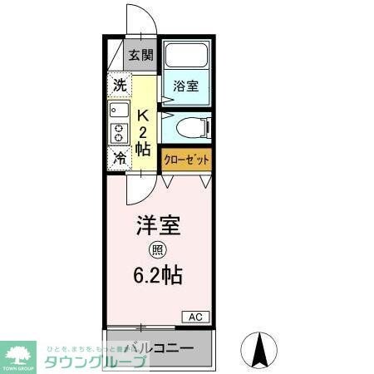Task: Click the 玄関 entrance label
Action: point(141,57)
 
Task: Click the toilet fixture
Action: point(197,128)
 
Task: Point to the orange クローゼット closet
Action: point(186,158)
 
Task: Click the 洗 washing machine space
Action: point(120,84)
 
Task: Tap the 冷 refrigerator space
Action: point(120,156)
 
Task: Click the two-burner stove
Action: point(118,133)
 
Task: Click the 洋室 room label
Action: point(158,226)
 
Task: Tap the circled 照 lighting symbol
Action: point(157,249)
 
